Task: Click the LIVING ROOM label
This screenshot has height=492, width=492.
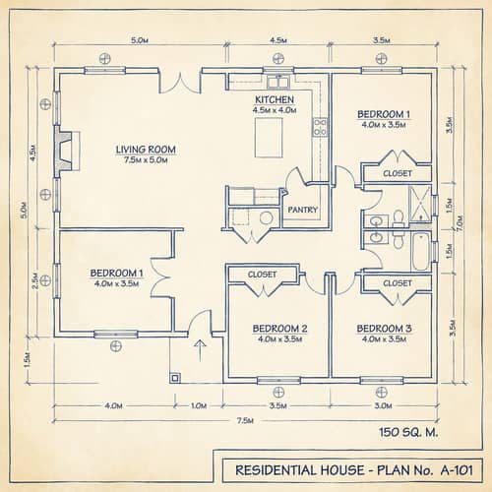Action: point(146,151)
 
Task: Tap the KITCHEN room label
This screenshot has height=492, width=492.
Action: point(275,100)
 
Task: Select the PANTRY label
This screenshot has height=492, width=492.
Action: point(301,210)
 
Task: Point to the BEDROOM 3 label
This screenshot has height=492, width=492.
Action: point(384,328)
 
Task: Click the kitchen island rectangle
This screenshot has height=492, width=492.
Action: point(269,141)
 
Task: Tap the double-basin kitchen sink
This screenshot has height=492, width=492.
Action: point(278,82)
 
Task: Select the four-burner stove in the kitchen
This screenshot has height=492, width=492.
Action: point(320,126)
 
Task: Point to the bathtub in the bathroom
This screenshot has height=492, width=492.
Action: point(421,251)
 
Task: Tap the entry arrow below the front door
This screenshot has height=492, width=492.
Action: point(201,346)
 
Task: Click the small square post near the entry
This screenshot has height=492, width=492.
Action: point(175,377)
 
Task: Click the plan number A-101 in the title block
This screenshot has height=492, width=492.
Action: point(454,467)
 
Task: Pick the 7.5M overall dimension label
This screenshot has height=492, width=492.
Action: point(246,421)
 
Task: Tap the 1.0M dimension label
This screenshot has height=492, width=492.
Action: point(199,404)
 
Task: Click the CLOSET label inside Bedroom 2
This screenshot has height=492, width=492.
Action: point(262,275)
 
